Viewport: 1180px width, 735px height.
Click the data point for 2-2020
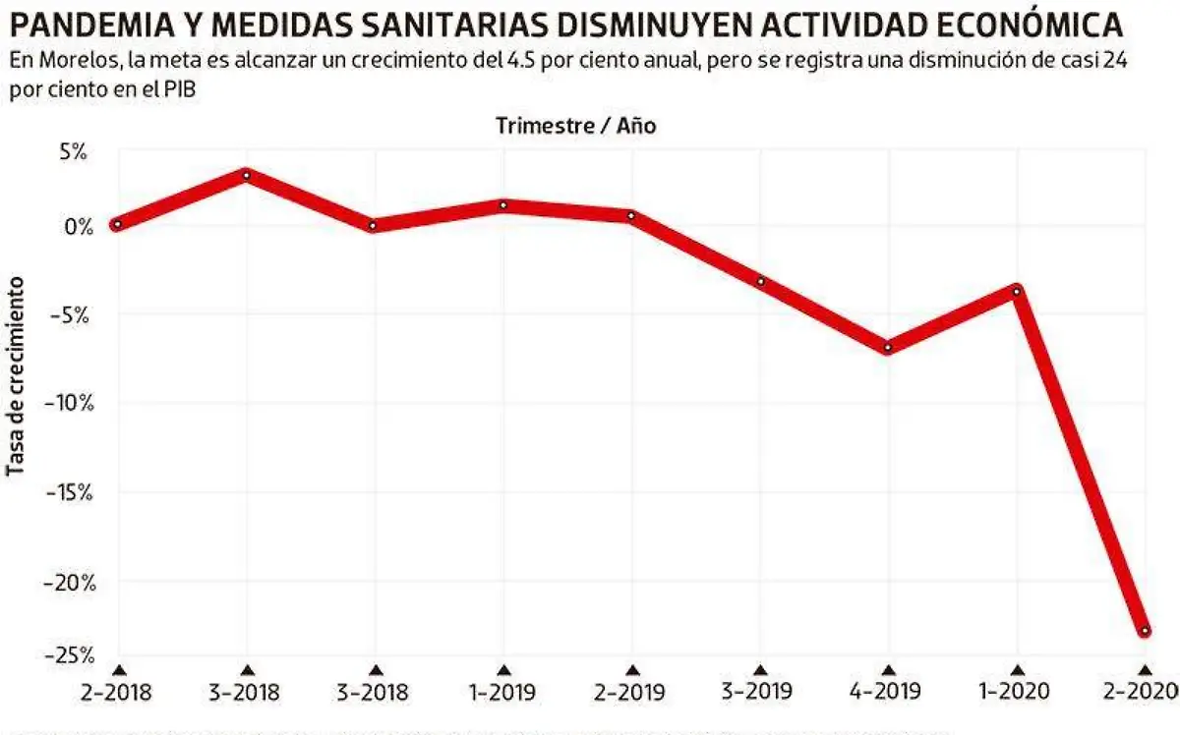click(1145, 631)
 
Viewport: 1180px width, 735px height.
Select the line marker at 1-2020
click(1017, 291)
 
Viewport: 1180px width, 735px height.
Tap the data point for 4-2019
click(888, 347)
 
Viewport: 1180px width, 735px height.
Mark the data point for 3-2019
click(760, 282)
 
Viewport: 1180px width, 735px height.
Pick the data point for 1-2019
click(502, 205)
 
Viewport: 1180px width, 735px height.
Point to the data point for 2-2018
click(117, 224)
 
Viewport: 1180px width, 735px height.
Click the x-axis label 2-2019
click(631, 694)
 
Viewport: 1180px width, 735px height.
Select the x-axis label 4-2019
click(888, 694)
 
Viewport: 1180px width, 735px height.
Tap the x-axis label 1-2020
click(1017, 694)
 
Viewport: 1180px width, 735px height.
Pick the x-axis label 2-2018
click(117, 694)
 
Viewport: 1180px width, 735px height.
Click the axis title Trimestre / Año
click(575, 126)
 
